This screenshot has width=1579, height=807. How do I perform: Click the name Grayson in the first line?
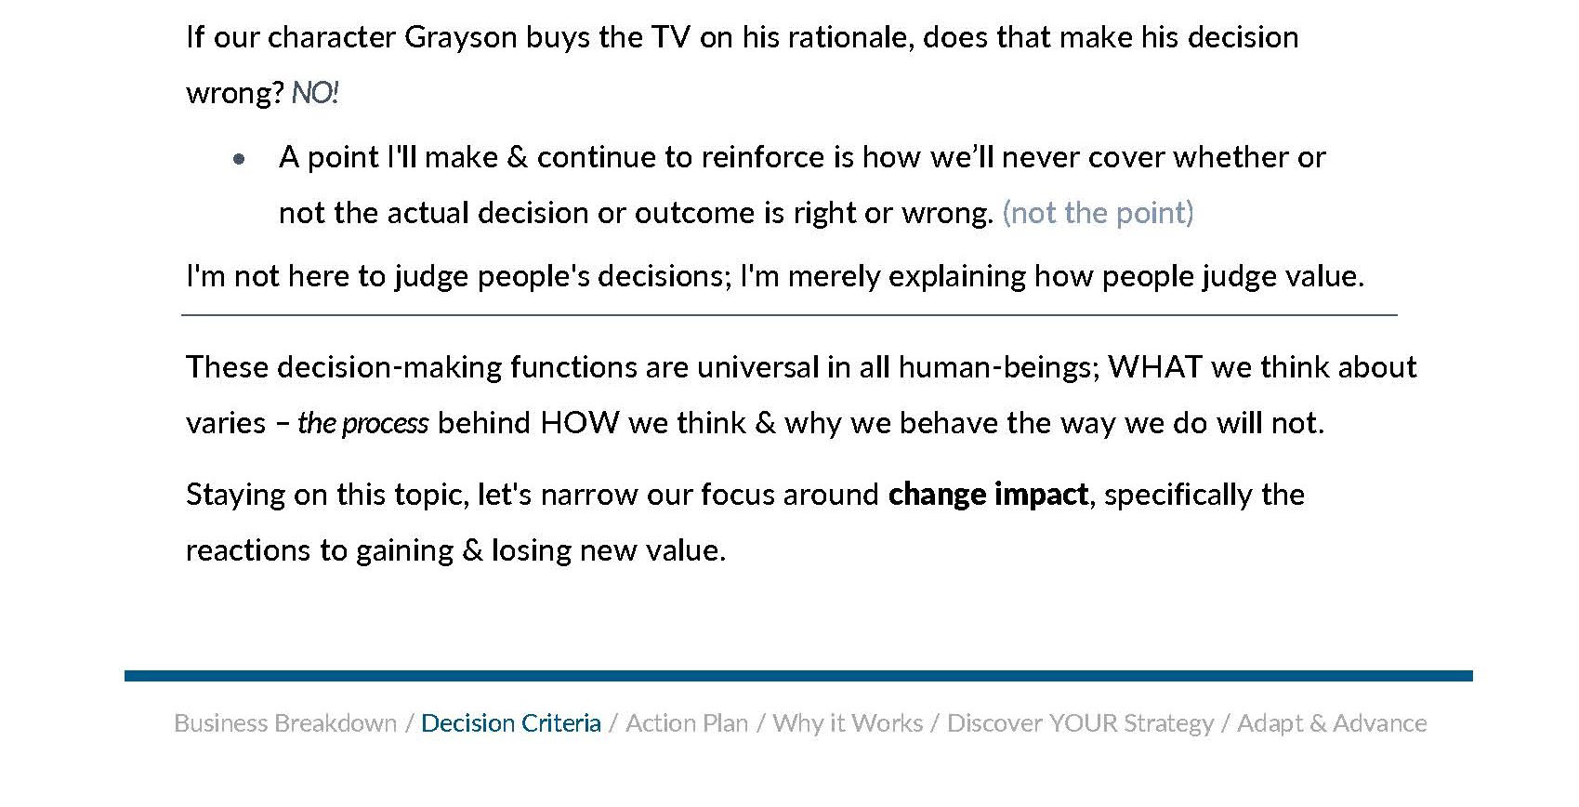(x=461, y=38)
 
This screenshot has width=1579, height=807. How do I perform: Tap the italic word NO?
(x=315, y=92)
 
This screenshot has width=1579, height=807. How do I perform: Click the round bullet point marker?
(x=239, y=159)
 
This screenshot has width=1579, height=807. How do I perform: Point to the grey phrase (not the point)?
(x=1098, y=213)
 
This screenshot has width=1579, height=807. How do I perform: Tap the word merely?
(x=834, y=276)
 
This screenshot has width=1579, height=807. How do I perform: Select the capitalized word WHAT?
(x=1154, y=367)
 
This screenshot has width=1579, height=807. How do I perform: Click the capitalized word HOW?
(x=579, y=423)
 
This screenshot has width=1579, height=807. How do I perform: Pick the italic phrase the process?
(x=363, y=423)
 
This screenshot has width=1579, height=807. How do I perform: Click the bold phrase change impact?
(x=988, y=495)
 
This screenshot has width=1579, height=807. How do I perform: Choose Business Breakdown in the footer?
(x=285, y=723)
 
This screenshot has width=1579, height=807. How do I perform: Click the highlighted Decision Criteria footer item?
(x=511, y=723)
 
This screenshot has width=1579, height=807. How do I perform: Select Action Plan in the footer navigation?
(x=687, y=723)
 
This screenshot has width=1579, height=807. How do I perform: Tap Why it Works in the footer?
(x=848, y=723)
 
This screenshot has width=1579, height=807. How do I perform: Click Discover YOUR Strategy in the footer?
(x=1080, y=723)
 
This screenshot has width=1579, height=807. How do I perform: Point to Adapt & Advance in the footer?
(x=1332, y=723)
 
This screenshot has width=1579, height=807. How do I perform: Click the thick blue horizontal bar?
(x=798, y=676)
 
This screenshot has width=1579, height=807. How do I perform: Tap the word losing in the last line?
(x=531, y=551)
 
